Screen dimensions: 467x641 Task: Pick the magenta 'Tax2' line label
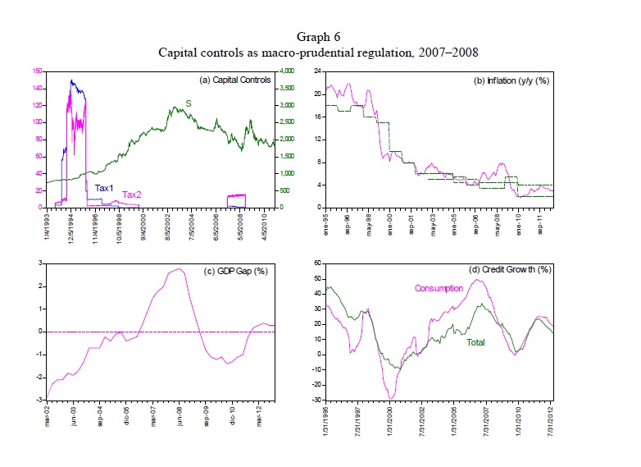[x=131, y=195]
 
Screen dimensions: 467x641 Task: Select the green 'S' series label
[x=189, y=103]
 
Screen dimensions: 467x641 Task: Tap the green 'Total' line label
[x=476, y=341]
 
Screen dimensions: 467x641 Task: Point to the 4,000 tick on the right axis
[x=288, y=71]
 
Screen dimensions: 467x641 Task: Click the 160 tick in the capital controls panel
[x=36, y=71]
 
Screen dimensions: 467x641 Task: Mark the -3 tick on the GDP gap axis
[x=40, y=400]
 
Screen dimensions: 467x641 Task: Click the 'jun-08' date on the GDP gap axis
[x=176, y=415]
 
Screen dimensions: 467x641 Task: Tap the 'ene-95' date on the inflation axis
[x=326, y=222]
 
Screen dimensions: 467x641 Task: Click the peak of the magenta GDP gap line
[x=179, y=268]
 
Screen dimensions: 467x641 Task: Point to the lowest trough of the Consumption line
[x=391, y=399]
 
